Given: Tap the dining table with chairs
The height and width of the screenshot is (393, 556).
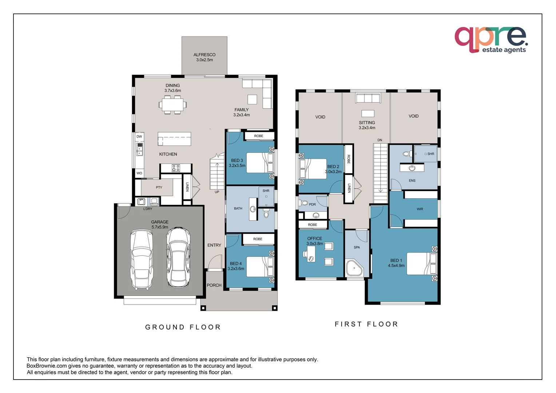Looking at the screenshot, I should tap(172, 105).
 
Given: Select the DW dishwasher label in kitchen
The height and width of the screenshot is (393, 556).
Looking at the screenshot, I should tap(139, 137).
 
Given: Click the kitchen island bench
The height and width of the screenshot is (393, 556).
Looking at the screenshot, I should tap(174, 139).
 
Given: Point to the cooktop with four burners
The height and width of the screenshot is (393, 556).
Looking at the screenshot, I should tap(176, 168).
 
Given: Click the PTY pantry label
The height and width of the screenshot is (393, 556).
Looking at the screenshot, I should tap(159, 187).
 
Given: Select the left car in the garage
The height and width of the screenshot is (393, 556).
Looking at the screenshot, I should tap(142, 259).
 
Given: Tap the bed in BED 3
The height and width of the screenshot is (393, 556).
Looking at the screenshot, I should tap(260, 163).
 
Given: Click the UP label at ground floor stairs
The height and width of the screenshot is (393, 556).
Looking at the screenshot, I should tap(217, 192).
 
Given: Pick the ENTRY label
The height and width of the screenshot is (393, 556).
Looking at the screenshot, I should tap(214, 245).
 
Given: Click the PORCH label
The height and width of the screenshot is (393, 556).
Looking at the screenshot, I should tap(214, 285).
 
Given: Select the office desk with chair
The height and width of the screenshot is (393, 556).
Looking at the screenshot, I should tap(310, 254).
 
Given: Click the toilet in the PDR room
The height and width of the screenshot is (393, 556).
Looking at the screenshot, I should tap(304, 203).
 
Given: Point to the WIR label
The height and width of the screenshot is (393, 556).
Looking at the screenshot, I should tap(420, 209).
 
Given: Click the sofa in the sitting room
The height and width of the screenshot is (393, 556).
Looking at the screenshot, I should tap(368, 98).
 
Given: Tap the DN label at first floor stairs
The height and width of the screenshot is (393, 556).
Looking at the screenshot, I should tap(380, 140).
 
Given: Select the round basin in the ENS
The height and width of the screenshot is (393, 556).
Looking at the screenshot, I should tap(412, 168).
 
